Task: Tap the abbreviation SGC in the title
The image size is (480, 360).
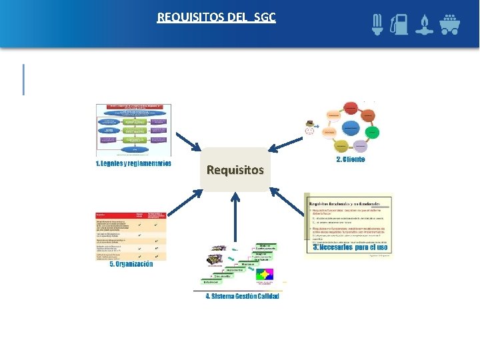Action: [263, 17]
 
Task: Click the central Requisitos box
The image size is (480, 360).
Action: [235, 169]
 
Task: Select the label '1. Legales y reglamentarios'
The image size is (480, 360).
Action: [133, 163]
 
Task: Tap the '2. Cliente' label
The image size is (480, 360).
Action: [351, 160]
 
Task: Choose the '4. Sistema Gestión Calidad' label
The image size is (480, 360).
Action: [242, 296]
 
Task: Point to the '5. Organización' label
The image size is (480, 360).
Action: [131, 264]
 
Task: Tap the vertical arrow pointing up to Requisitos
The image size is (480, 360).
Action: [235, 219]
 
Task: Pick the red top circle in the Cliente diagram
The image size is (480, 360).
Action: [351, 107]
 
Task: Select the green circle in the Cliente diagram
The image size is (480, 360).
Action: [372, 131]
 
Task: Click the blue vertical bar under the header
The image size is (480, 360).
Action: [24, 79]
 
